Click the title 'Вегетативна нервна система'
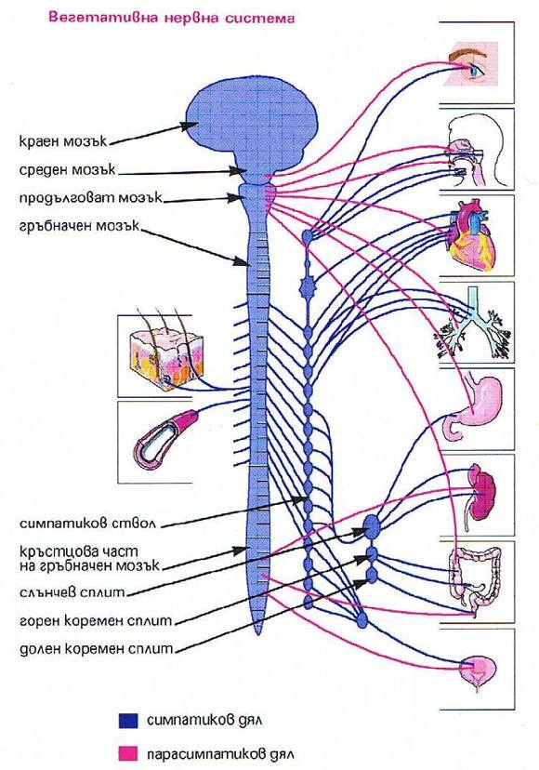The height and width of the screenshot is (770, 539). click(171, 19)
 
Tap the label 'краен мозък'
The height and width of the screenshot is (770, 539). click(63, 141)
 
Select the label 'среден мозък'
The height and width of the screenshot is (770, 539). click(67, 170)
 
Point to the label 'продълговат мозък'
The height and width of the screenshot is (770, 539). click(91, 198)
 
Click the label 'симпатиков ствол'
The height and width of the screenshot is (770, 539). click(88, 524)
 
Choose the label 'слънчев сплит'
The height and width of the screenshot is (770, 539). click(72, 592)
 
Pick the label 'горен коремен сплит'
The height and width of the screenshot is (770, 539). click(97, 621)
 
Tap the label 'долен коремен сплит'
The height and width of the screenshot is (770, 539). click(97, 649)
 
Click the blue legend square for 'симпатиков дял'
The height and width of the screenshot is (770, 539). click(128, 721)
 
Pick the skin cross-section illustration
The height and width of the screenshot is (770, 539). click(166, 357)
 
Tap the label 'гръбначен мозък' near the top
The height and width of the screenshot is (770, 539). click(80, 227)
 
